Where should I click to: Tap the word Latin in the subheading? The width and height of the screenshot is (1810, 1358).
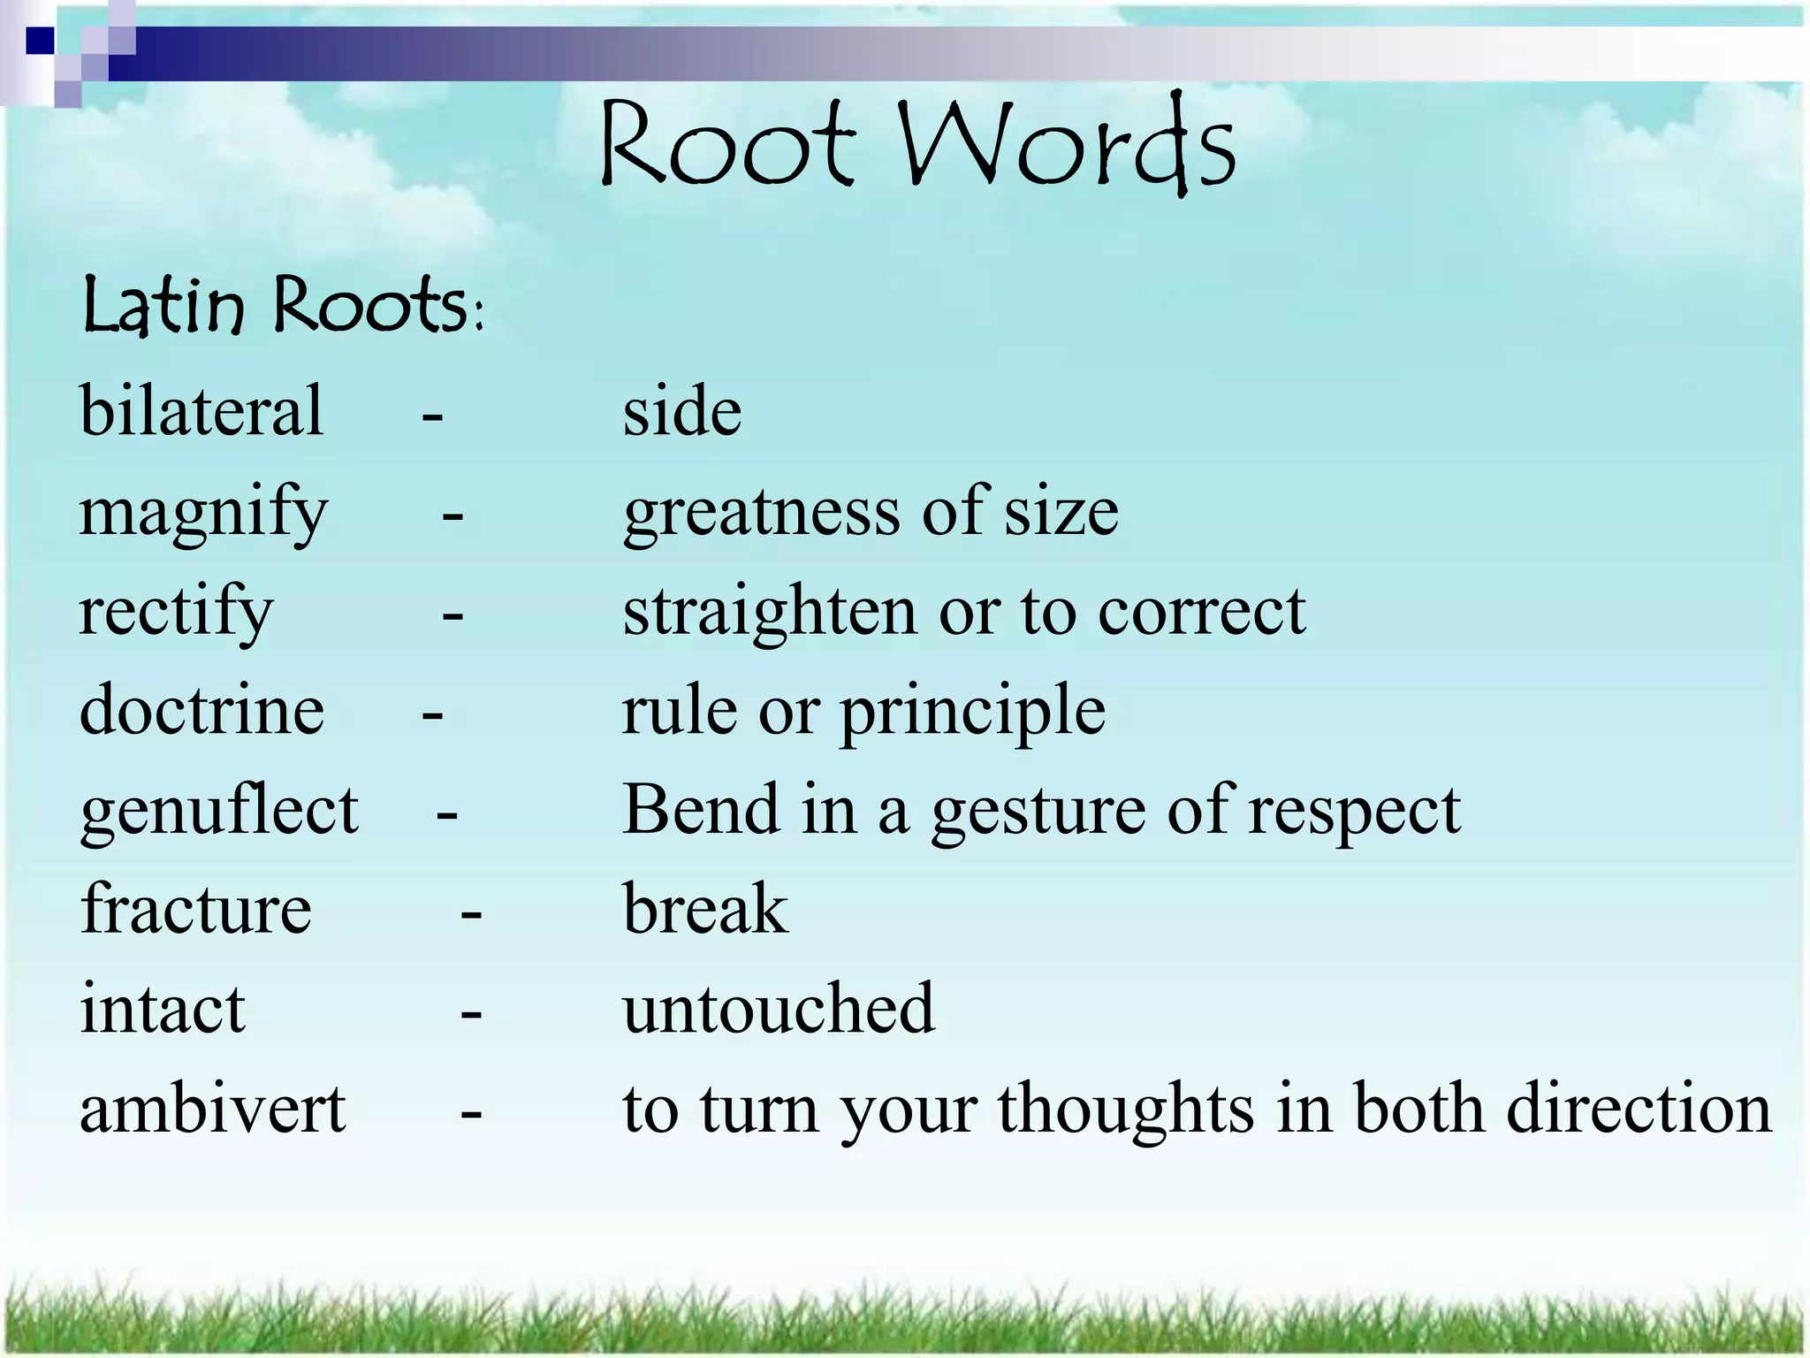163,305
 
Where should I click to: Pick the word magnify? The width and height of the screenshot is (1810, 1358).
203,514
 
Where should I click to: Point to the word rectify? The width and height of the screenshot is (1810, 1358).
176,612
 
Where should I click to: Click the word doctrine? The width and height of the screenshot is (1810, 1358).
202,710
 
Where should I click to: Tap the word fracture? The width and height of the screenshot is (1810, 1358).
195,909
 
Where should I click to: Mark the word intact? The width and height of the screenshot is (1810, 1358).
163,1009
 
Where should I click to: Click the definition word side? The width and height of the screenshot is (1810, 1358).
682,412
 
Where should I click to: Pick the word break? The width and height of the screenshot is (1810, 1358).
705,909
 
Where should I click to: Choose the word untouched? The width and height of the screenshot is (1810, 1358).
779,1009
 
